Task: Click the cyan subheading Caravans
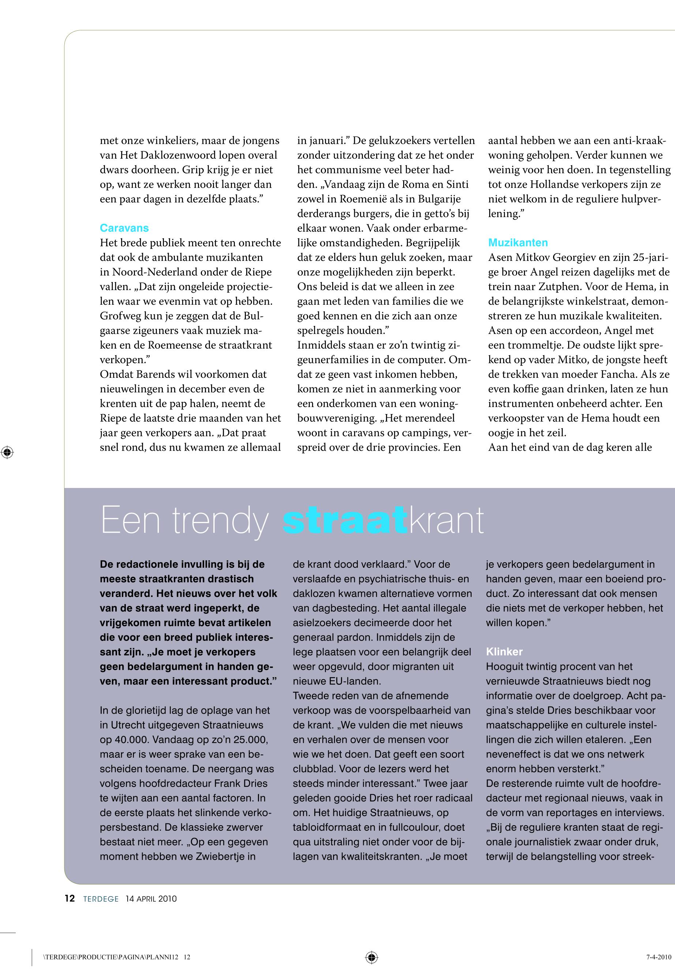124,228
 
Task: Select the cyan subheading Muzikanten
518,243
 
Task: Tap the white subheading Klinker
504,651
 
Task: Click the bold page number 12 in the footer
70,899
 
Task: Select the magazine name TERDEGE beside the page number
101,899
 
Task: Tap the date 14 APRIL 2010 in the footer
151,899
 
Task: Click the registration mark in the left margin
7,452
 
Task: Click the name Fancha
619,374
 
